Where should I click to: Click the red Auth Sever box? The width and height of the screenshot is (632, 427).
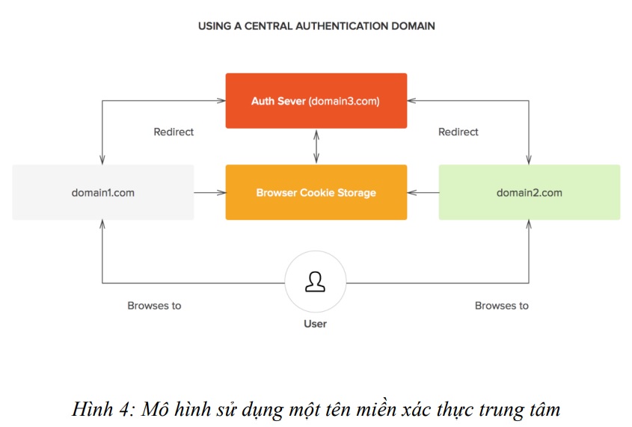click(316, 101)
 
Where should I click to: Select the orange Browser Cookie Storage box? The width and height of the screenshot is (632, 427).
click(316, 192)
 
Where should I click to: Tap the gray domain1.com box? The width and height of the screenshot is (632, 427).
click(102, 192)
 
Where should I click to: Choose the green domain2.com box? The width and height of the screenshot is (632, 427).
click(530, 192)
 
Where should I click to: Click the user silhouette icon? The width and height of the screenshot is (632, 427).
click(315, 281)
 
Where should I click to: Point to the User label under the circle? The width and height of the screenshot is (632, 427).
click(315, 324)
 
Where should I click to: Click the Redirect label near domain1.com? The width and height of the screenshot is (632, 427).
click(174, 132)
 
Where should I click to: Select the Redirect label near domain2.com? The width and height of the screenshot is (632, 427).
click(458, 132)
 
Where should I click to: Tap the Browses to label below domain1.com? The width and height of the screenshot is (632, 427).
click(154, 305)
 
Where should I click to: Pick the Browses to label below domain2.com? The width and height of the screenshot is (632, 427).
click(501, 305)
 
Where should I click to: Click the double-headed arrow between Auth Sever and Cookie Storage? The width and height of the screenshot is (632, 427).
click(316, 147)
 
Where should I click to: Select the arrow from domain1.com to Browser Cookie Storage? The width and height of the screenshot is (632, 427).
click(209, 192)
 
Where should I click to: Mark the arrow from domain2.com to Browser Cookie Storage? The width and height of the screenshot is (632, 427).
click(423, 192)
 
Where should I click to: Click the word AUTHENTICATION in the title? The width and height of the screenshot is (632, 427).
click(342, 26)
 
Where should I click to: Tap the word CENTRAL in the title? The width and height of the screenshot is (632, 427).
click(268, 26)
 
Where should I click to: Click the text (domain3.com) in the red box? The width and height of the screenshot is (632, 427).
click(344, 101)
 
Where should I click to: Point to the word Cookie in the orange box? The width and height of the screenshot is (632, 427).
click(317, 192)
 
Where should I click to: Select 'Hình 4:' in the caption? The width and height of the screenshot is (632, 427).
click(103, 409)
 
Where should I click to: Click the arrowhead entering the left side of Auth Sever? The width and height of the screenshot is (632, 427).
click(221, 100)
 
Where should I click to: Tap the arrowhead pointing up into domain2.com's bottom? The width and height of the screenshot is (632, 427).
click(529, 224)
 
